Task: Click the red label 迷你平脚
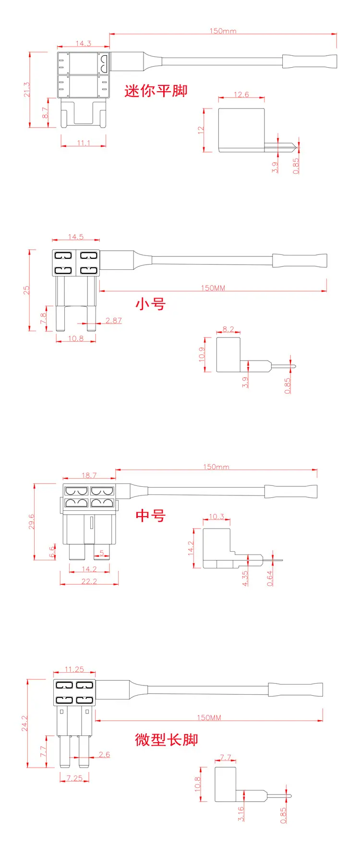[156, 91]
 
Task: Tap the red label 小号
[151, 304]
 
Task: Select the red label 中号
[151, 516]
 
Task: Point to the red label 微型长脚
[167, 739]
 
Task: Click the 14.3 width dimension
[83, 44]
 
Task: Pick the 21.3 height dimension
[27, 89]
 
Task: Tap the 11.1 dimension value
[84, 143]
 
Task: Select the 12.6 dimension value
[241, 95]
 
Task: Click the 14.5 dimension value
[76, 237]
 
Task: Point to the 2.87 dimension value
[114, 320]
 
